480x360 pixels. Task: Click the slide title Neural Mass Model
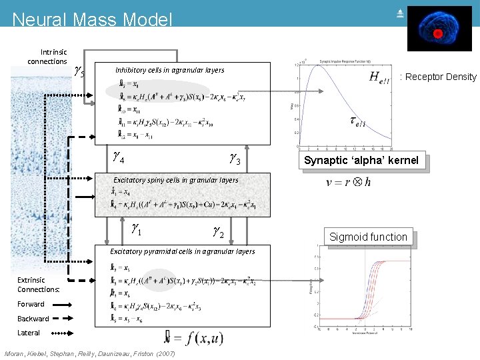coord(92,19)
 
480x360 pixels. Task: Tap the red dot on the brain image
coord(438,33)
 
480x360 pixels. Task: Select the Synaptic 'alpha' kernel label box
coord(361,160)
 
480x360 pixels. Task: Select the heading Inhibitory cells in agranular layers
coord(169,70)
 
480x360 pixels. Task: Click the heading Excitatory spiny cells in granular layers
coord(175,180)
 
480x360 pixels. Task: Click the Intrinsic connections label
coord(47,57)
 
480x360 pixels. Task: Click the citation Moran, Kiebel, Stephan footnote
coord(89,353)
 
